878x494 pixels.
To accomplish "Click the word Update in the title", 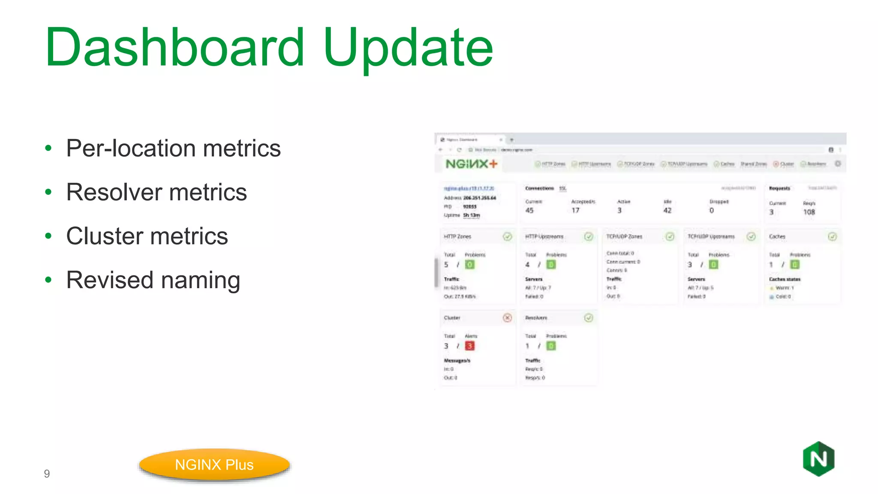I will [x=408, y=48].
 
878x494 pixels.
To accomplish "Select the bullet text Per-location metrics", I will [x=173, y=148].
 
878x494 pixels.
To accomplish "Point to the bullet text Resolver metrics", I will [x=156, y=192].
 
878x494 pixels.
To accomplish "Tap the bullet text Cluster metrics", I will [x=147, y=236].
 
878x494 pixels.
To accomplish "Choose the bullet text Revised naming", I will [x=153, y=280].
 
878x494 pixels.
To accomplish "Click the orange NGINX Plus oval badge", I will [x=214, y=465].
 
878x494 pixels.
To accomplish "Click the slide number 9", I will [x=47, y=474].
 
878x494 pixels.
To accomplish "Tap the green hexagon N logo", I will [x=818, y=459].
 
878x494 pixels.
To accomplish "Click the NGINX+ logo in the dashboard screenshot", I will [x=472, y=164].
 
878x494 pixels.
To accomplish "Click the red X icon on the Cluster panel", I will [x=507, y=318].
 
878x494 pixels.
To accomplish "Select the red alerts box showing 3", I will [x=469, y=346].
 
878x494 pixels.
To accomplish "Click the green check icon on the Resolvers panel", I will [x=589, y=318].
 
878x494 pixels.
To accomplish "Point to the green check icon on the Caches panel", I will [x=832, y=237].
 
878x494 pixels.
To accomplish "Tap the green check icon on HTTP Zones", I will [x=507, y=237].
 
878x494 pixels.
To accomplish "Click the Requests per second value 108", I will [x=809, y=212].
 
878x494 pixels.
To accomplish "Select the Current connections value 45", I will [x=529, y=211].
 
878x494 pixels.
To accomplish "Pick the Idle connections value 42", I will [x=668, y=211].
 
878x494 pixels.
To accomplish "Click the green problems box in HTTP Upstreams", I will [x=551, y=265].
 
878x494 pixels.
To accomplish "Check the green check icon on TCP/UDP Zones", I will [x=670, y=237].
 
